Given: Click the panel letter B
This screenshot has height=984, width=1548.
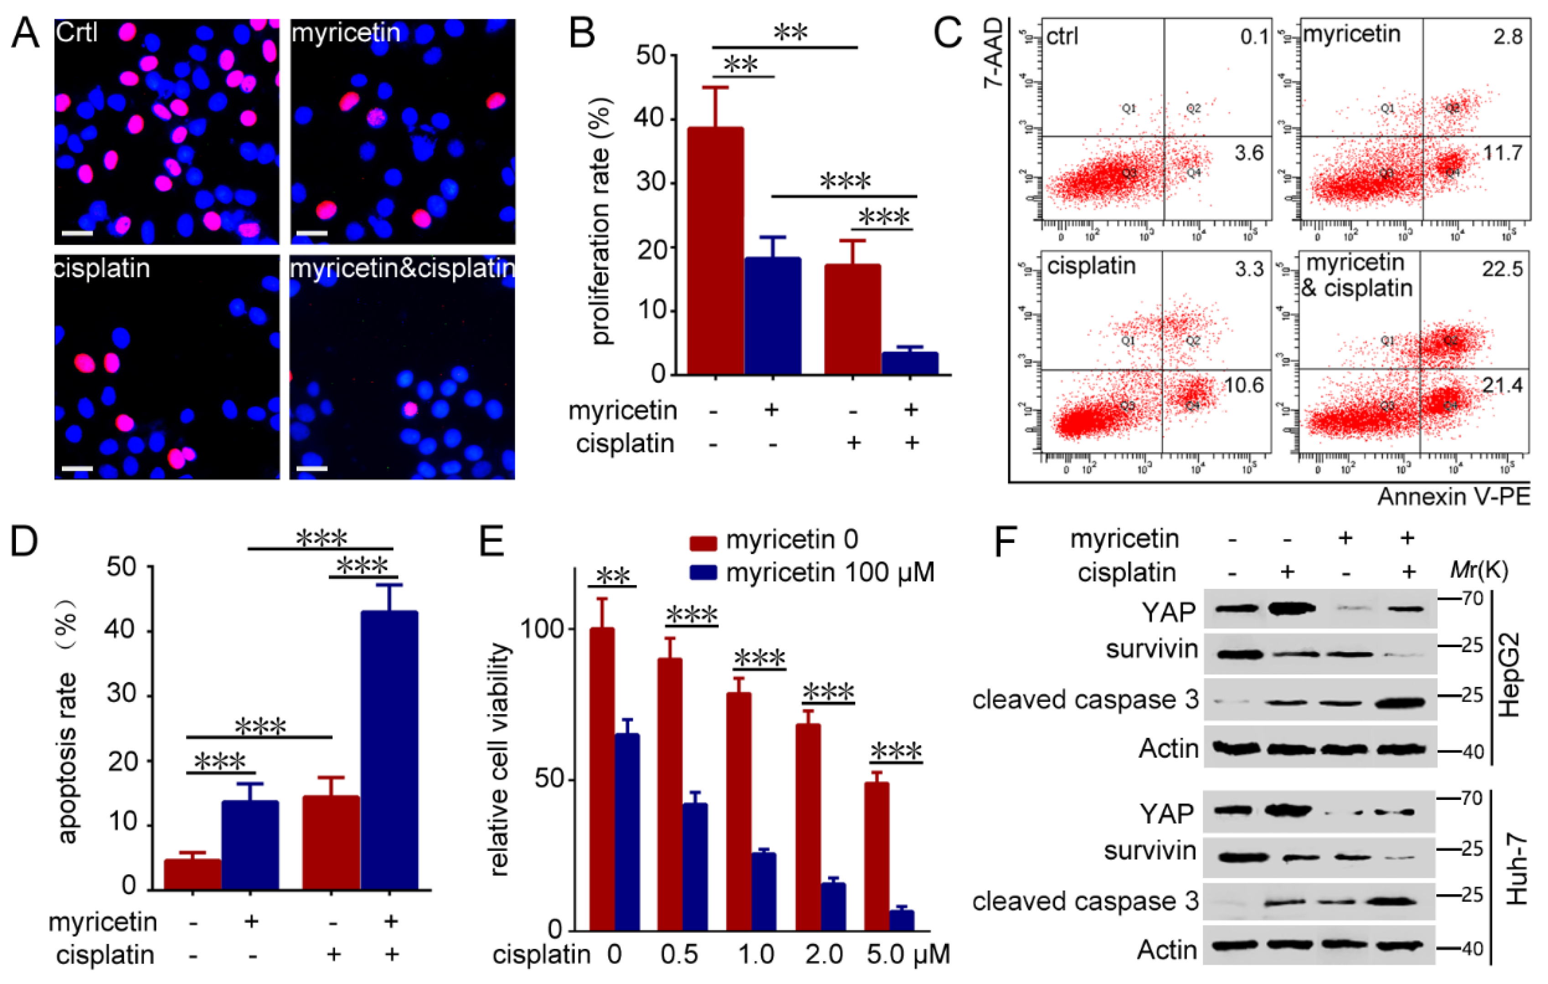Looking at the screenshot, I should (582, 33).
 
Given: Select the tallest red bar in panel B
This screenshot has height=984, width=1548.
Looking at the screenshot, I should (715, 251).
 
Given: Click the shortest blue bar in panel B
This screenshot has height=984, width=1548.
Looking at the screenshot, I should (910, 363).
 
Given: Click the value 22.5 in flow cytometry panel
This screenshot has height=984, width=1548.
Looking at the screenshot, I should (1502, 269).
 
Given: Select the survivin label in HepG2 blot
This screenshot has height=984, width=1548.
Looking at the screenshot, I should (1152, 649).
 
